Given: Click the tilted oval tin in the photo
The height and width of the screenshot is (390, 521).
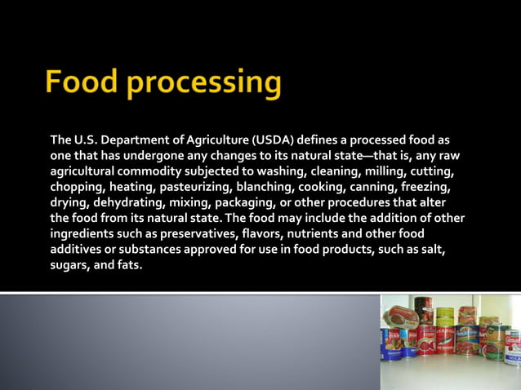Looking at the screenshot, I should (400, 315).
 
